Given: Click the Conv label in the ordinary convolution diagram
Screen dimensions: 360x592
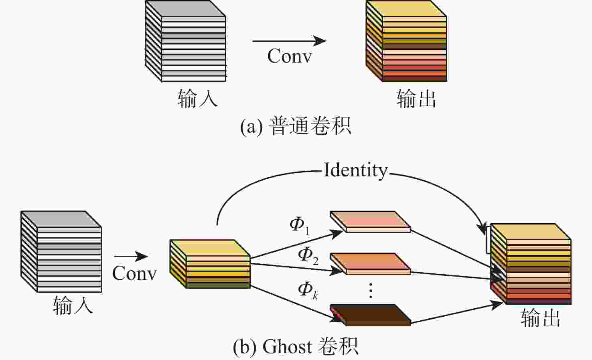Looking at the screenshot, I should point(290,56).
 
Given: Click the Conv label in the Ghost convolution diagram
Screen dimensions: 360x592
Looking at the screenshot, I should point(134,273).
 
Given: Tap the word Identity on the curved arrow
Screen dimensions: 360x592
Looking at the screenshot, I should point(355,170).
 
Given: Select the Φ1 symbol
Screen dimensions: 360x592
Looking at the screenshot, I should point(299,225).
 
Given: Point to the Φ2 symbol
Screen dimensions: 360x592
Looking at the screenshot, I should point(308,255).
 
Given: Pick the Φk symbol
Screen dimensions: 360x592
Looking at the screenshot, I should point(308,290).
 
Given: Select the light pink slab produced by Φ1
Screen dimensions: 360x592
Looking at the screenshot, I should point(370,221).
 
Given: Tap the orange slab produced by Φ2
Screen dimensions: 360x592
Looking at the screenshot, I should point(370,263).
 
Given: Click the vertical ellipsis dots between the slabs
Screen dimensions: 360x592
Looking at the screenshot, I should point(371,290).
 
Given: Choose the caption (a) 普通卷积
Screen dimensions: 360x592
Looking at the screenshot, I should point(296,126).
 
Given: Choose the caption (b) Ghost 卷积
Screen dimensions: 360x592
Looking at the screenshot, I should point(296,346).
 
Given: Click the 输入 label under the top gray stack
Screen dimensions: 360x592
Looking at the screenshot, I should point(197,98).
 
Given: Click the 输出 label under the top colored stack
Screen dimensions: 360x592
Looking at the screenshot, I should point(416,98).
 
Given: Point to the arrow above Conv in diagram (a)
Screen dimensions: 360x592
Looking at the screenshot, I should point(289,40).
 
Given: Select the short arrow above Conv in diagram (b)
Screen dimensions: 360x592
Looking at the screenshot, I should point(131,256).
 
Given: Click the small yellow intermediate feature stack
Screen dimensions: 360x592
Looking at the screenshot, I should point(210,263).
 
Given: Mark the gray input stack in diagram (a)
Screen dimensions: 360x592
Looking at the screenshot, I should point(185,41).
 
